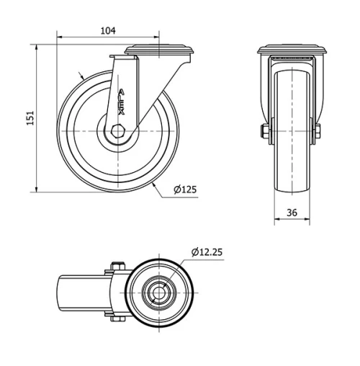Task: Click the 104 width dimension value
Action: point(108,30)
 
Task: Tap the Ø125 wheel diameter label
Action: point(185,189)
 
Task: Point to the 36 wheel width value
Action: point(292,212)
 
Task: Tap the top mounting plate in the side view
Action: point(161,50)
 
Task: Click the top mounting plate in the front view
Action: point(293,50)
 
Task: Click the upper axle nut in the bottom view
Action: point(120,266)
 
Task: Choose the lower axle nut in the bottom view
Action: point(120,321)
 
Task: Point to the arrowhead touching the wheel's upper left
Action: point(85,76)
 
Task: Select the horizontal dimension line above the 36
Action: point(292,220)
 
